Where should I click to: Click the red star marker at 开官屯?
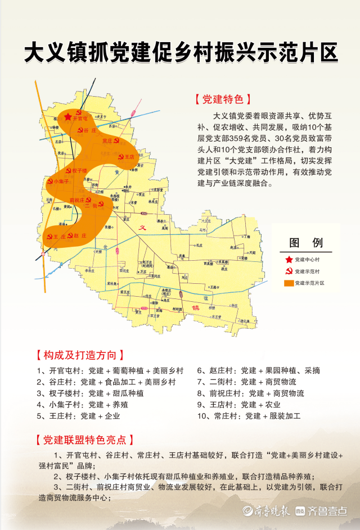point(68,117)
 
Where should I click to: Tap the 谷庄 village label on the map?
point(89,130)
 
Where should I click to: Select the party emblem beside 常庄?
point(116,141)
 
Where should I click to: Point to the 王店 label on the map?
point(129,157)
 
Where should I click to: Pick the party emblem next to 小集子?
point(50,181)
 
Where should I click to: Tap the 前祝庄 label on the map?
point(76,200)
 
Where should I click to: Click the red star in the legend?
point(289,260)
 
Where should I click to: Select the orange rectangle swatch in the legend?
point(289,282)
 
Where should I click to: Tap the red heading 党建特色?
point(219,99)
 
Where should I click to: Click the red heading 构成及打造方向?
point(79,355)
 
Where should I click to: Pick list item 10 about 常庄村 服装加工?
point(249,416)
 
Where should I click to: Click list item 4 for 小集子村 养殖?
point(70,405)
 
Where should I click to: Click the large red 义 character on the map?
point(143,228)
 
